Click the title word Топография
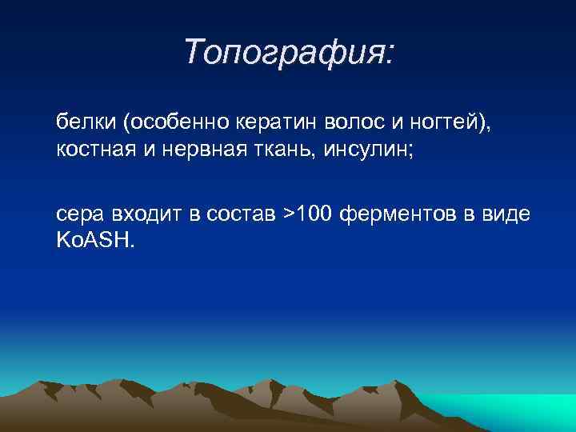pos(284,52)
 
